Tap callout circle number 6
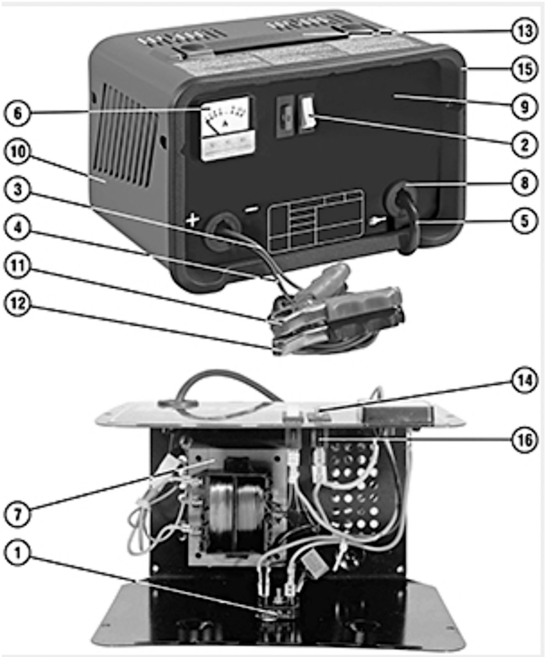(18, 113)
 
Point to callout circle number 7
(18, 514)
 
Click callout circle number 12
(18, 304)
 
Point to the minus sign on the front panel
(252, 209)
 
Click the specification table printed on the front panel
(316, 221)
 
